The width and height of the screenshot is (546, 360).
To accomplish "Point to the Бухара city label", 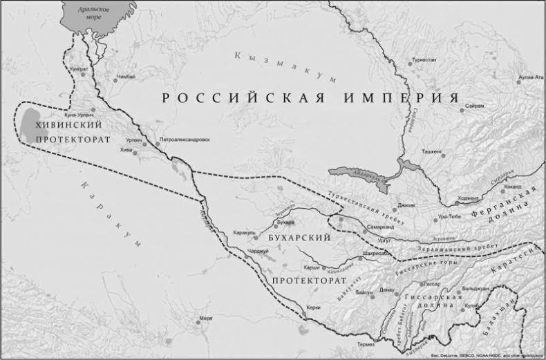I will coord(285,222).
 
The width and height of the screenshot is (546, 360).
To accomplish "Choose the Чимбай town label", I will coord(126,76).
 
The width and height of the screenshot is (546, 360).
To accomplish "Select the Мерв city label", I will coord(206,319).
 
